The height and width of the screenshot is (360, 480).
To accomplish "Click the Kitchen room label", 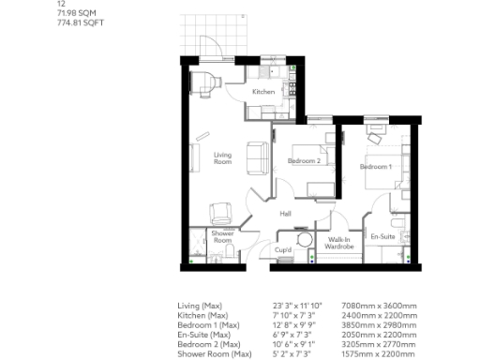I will point(262,92).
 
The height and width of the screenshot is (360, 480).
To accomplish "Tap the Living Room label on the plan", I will point(222,157).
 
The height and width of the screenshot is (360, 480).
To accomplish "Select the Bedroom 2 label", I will point(305,161).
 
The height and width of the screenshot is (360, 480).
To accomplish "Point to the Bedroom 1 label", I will point(376,167).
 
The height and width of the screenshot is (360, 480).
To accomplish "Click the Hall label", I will point(285,215).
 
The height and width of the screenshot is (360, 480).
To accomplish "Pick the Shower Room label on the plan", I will point(222,236).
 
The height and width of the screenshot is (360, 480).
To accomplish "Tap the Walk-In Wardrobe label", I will point(338,245).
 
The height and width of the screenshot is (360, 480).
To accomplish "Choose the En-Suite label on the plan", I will point(382,236).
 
